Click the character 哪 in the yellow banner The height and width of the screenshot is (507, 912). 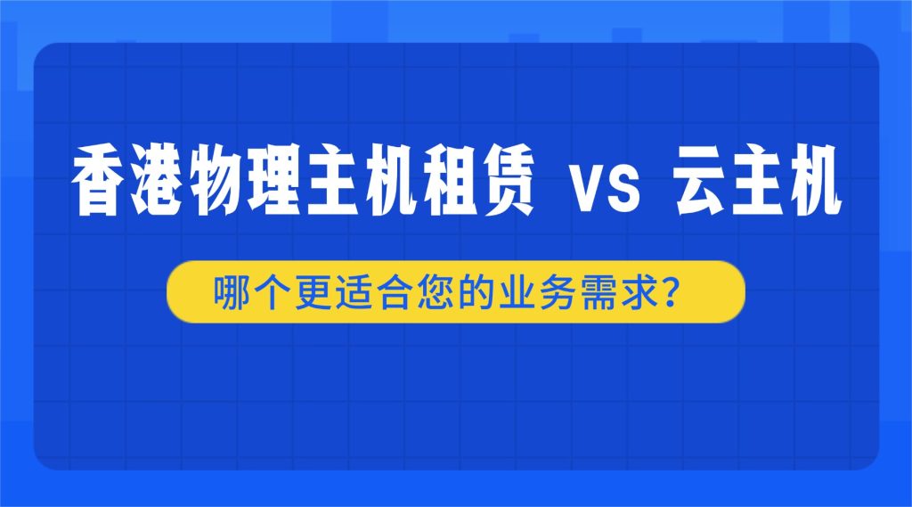click(x=229, y=291)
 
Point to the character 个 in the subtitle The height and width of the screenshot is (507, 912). click(x=268, y=291)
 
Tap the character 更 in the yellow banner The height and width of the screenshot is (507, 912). click(x=308, y=291)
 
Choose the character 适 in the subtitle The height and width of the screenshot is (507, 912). click(x=348, y=291)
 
